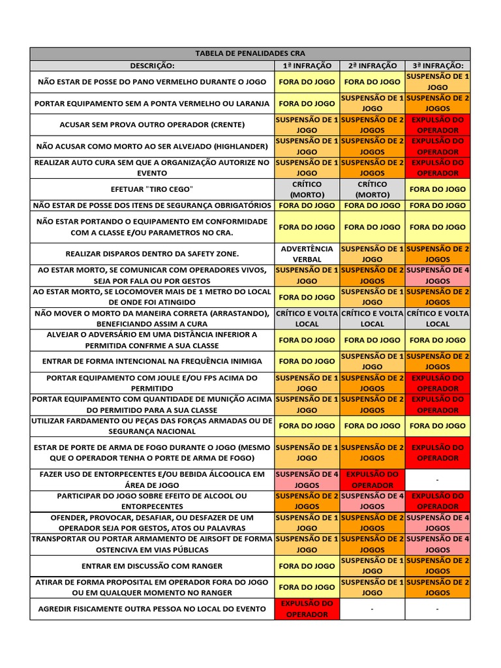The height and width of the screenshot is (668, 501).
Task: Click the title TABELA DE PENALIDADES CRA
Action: (250, 53)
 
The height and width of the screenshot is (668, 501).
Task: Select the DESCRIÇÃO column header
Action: (153, 65)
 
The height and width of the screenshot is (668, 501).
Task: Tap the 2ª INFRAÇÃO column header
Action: (372, 65)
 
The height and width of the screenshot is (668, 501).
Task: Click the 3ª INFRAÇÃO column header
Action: (437, 65)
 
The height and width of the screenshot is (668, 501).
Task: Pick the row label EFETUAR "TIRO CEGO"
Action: (153, 189)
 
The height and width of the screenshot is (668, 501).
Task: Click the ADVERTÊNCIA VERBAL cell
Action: (307, 254)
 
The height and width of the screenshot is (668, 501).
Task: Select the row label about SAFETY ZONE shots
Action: (153, 254)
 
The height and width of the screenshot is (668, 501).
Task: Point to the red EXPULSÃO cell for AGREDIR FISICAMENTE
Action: (307, 609)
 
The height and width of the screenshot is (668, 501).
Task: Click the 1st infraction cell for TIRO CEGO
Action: (307, 189)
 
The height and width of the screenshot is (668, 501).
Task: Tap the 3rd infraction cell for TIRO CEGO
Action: (437, 189)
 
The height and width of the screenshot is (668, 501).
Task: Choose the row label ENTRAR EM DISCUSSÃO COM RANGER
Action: (153, 566)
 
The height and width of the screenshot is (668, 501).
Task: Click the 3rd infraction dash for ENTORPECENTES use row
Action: (437, 480)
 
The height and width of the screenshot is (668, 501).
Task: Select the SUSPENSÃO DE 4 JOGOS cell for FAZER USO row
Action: (307, 480)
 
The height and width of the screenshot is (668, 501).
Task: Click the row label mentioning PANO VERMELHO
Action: (153, 82)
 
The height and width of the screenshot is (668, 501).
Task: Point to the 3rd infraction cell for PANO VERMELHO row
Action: (437, 82)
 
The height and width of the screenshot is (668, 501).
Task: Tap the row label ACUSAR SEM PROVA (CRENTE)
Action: (153, 125)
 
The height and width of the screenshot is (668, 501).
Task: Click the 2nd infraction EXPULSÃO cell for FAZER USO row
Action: (372, 480)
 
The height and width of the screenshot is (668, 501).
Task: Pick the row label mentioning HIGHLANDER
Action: (153, 146)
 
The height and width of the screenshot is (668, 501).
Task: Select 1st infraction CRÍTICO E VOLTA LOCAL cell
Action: (307, 318)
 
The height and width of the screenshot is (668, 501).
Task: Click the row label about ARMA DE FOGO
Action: (153, 452)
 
